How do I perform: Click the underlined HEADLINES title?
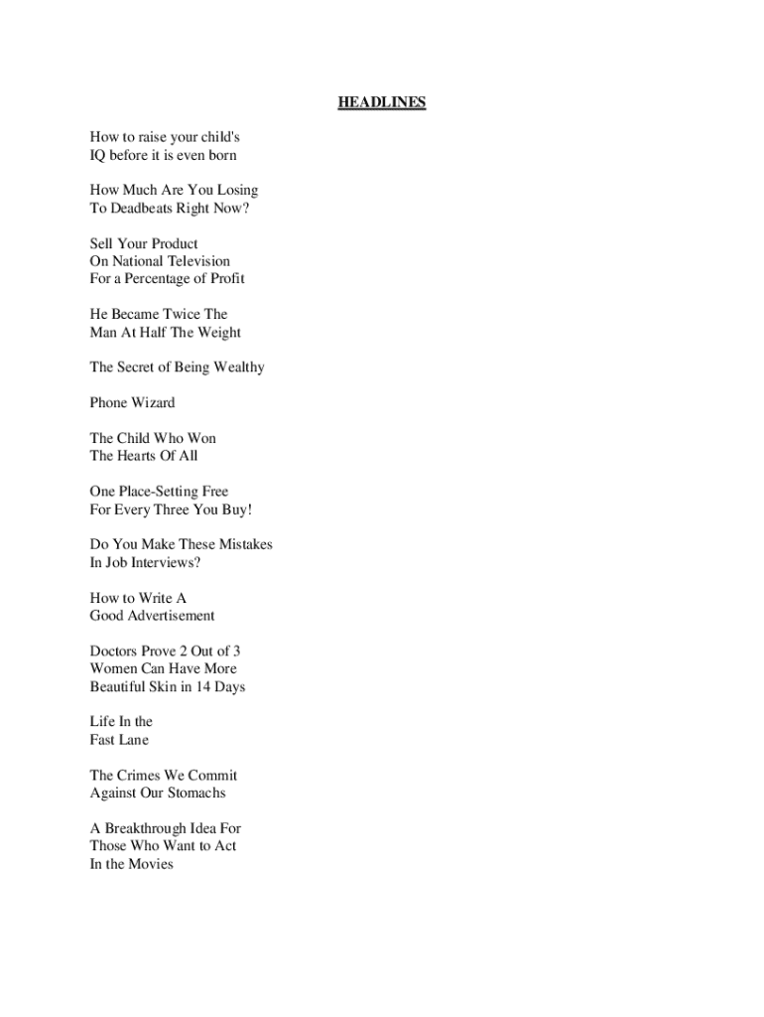tap(382, 102)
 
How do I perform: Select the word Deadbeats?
tap(142, 209)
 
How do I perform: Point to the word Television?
tap(197, 261)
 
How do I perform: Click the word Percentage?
tap(165, 279)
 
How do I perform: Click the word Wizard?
tap(152, 403)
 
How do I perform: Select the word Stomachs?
tap(196, 793)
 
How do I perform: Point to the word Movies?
tap(151, 864)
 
